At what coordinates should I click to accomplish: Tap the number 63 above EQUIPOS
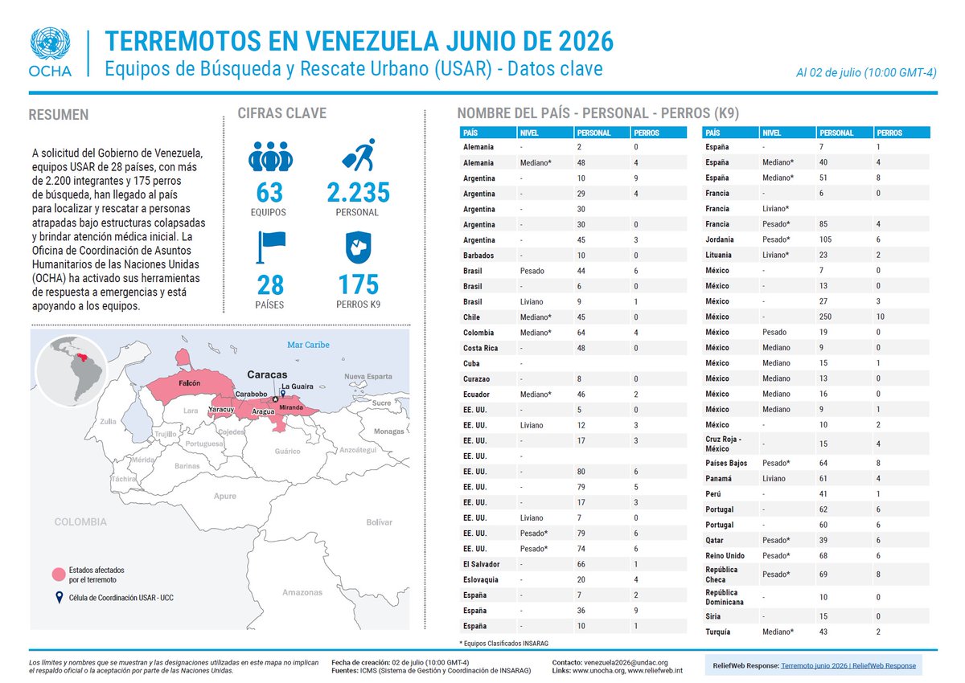point(269,192)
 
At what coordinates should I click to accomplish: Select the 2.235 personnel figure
point(358,192)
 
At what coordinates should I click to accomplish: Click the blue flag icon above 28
point(271,247)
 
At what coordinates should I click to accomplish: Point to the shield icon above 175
point(359,247)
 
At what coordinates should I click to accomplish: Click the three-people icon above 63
point(270,156)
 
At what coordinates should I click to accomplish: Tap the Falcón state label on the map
point(190,383)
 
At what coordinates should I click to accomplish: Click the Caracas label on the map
point(267,374)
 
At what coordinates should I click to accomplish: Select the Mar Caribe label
point(309,345)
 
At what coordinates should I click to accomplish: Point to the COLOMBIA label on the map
point(80,522)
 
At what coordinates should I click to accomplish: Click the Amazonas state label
point(302,592)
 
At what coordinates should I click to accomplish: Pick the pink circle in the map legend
point(59,575)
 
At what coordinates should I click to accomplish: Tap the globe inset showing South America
point(72,371)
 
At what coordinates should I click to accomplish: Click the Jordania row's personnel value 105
point(825,239)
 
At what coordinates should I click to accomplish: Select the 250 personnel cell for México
point(825,317)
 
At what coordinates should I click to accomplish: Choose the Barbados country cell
point(478,256)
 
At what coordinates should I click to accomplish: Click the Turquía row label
point(717,632)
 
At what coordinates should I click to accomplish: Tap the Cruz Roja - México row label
point(723,444)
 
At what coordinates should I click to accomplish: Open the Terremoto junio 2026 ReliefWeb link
point(848,665)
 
